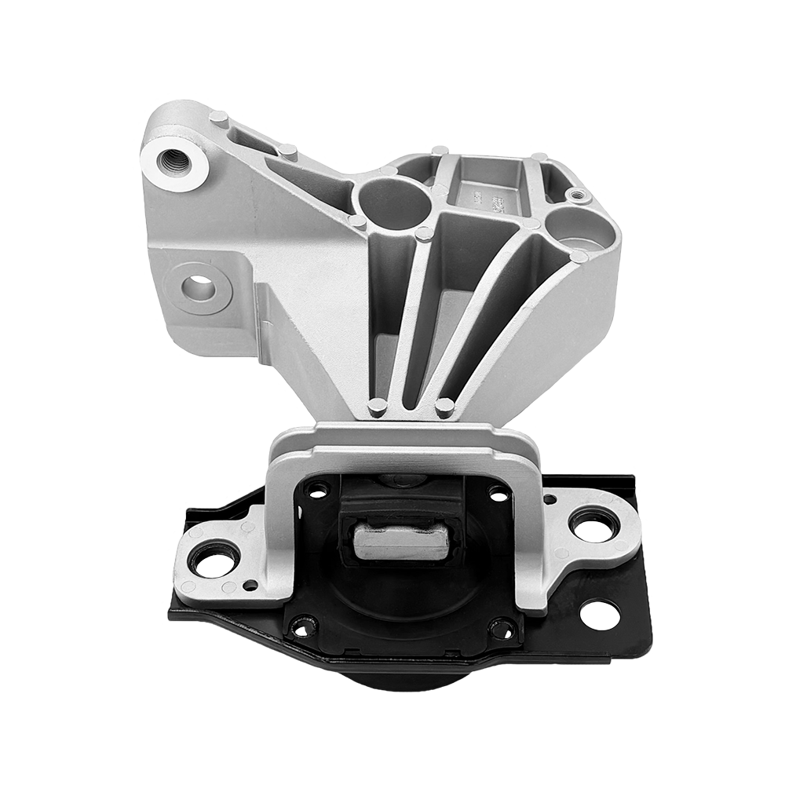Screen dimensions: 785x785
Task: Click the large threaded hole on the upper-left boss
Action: click(173, 162)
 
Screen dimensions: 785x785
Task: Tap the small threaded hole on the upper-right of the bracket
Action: click(578, 194)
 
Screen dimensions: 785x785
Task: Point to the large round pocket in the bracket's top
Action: click(395, 202)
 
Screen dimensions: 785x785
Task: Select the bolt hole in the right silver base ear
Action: click(593, 525)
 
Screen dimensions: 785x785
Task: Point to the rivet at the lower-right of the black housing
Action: click(502, 628)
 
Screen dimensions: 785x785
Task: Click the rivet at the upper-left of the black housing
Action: click(317, 491)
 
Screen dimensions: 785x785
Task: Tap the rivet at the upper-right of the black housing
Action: click(498, 493)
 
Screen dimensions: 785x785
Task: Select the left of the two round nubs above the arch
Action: click(378, 407)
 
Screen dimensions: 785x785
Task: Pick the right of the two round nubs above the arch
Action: click(444, 407)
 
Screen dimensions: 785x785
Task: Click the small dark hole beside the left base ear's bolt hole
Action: click(250, 585)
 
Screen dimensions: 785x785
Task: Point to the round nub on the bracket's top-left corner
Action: click(219, 118)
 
